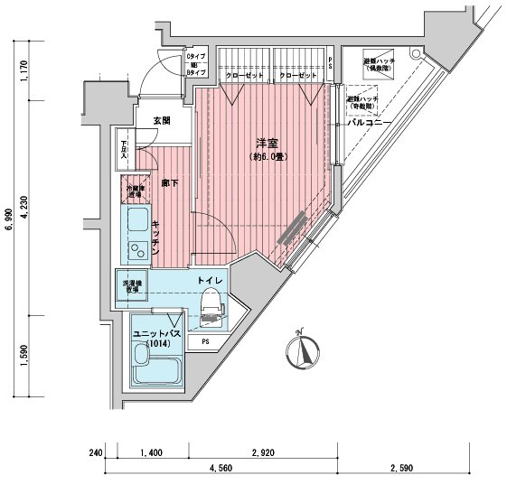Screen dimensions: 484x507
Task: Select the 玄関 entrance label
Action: coord(163,121)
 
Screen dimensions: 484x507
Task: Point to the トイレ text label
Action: coord(210,281)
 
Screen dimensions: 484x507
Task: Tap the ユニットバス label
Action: coord(157,334)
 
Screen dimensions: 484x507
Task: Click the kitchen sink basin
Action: coord(137,220)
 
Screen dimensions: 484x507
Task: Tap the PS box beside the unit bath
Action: coord(206,341)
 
